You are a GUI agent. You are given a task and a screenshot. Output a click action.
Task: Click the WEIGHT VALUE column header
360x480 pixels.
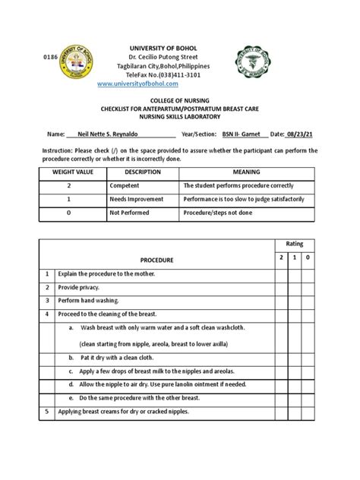pyautogui.click(x=68, y=172)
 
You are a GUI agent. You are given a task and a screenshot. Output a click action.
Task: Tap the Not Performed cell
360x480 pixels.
pyautogui.click(x=131, y=213)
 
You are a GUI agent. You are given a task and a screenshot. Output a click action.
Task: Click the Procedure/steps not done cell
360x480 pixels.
pyautogui.click(x=218, y=213)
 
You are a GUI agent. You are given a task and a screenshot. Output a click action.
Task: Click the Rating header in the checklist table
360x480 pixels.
pyautogui.click(x=293, y=244)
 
